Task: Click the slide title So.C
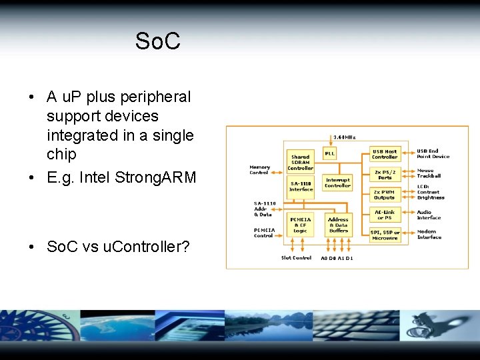tap(157, 41)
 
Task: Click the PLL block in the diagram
tap(329, 153)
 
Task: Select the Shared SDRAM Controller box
tap(300, 162)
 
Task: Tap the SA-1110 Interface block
tap(301, 186)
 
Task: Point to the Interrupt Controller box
tap(337, 182)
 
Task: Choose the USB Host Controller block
tap(385, 154)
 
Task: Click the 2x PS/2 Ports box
tap(385, 175)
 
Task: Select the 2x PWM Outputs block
tap(384, 194)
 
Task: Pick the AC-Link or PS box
tap(385, 215)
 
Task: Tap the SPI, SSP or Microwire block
tap(385, 235)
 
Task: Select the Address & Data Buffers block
tap(338, 225)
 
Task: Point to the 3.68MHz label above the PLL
tap(344, 137)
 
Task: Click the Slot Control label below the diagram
tap(296, 257)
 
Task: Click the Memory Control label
tap(259, 170)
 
